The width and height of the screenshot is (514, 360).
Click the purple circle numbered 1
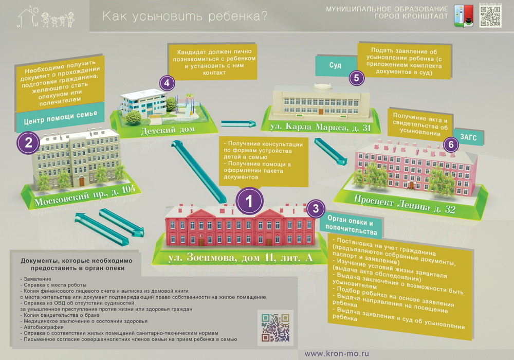click(x=249, y=201)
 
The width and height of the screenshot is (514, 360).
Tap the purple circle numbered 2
click(x=28, y=142)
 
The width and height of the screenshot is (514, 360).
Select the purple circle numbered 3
click(x=316, y=208)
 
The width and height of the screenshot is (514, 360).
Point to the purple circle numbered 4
click(x=167, y=83)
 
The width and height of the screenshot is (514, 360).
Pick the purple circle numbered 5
click(x=357, y=78)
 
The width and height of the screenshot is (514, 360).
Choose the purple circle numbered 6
click(x=451, y=145)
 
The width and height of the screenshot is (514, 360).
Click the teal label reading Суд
click(x=336, y=66)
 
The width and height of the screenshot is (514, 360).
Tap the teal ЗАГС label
click(x=468, y=137)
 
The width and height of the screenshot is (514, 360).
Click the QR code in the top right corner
click(x=490, y=16)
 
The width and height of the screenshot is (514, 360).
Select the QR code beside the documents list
click(x=276, y=328)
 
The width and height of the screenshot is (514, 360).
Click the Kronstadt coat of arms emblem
click(x=464, y=16)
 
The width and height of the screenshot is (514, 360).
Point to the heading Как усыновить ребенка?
click(x=185, y=16)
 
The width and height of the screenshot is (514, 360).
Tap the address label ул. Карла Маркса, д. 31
click(x=320, y=127)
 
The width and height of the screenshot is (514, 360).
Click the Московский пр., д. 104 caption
click(x=85, y=195)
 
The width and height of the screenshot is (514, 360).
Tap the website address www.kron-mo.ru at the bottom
click(x=337, y=353)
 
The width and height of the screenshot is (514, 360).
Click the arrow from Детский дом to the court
click(x=238, y=123)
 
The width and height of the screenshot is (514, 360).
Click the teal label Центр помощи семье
click(x=60, y=118)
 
